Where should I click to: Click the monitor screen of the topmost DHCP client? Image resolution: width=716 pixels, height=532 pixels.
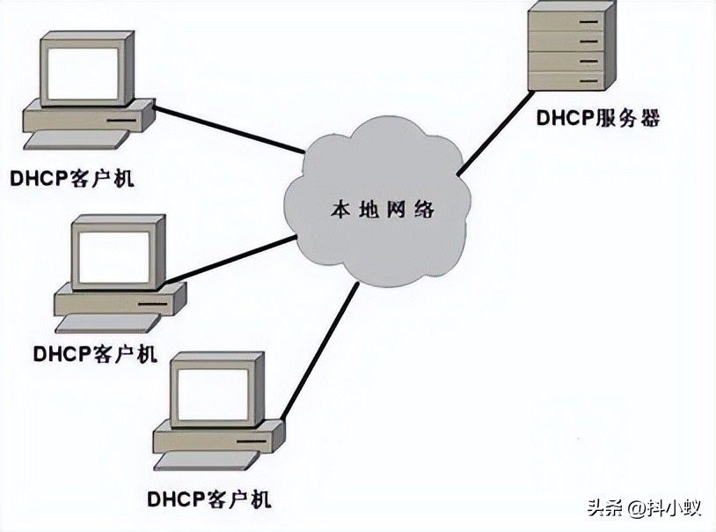pyautogui.click(x=83, y=73)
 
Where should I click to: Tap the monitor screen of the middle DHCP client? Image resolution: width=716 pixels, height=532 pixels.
pyautogui.click(x=114, y=257)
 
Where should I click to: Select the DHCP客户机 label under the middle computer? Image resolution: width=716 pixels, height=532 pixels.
pyautogui.click(x=95, y=354)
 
